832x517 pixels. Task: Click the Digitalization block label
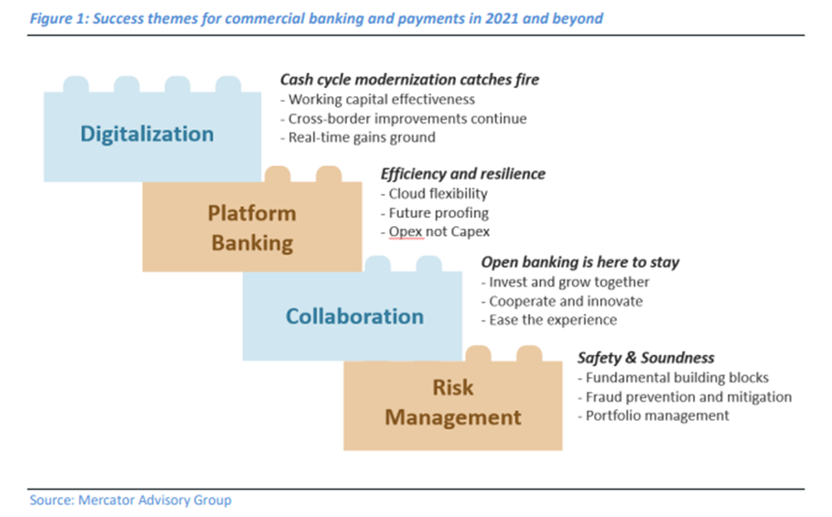147,134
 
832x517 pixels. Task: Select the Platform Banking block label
252,228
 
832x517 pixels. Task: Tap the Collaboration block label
354,316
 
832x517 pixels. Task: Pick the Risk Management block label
453,402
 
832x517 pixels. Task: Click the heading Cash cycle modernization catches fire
410,80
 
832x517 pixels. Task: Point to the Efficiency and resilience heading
463,173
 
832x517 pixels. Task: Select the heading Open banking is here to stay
580,262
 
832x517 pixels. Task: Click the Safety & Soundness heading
646,358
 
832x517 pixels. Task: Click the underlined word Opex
405,232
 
